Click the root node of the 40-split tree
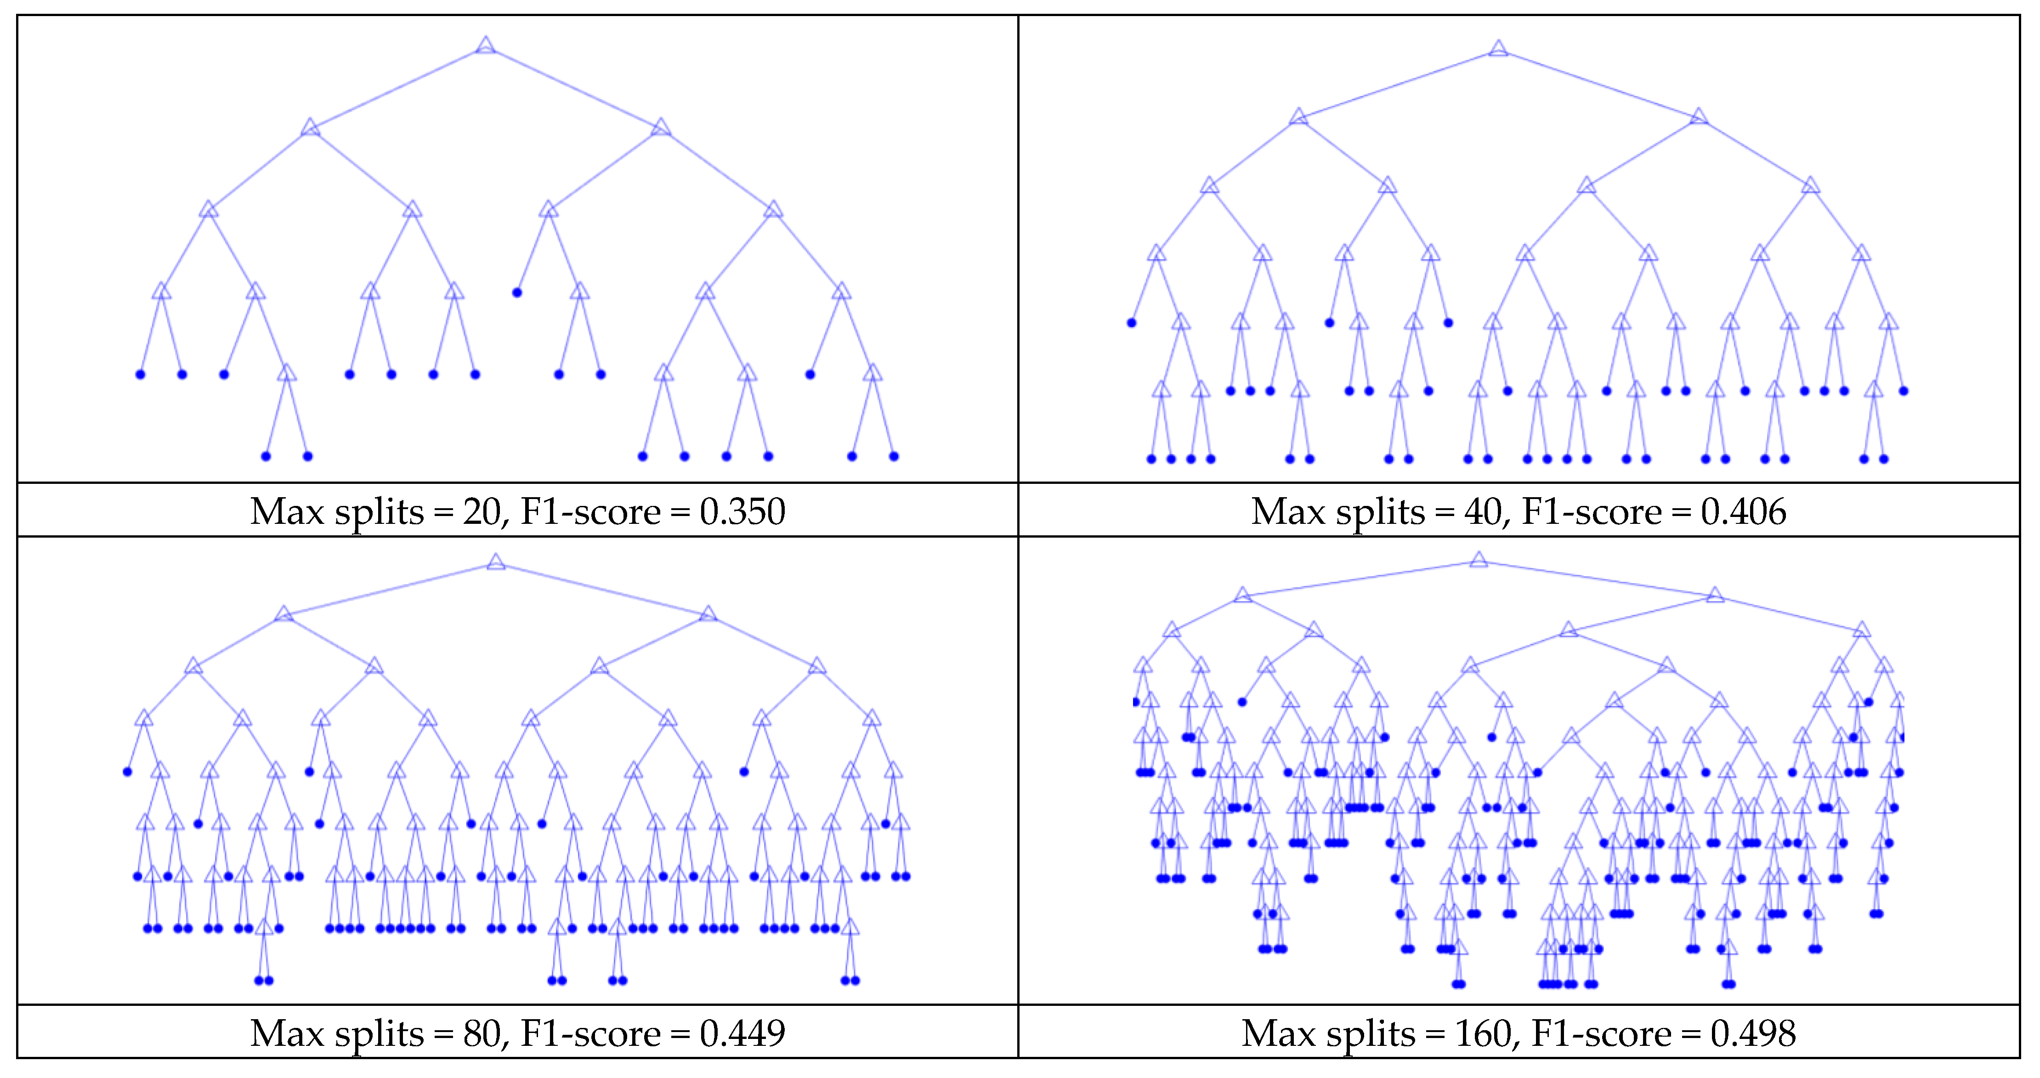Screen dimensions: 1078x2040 1497,49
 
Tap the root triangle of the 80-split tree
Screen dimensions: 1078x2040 496,562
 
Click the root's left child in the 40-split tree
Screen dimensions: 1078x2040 1298,117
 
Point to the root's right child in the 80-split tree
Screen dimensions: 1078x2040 708,614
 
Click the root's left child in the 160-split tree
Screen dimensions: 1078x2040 1242,595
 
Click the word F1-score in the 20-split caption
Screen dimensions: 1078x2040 590,512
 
